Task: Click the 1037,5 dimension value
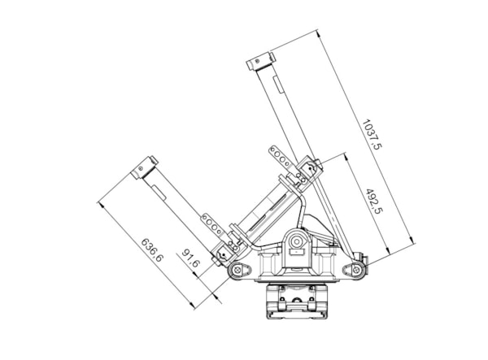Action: point(372,135)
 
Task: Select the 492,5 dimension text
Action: point(374,202)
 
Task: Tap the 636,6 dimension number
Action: point(152,250)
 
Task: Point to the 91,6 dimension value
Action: point(190,258)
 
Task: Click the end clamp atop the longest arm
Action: point(261,61)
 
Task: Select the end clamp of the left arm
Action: point(145,167)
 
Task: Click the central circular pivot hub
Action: point(297,241)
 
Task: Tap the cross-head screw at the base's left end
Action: point(238,270)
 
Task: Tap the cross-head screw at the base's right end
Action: point(356,270)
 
